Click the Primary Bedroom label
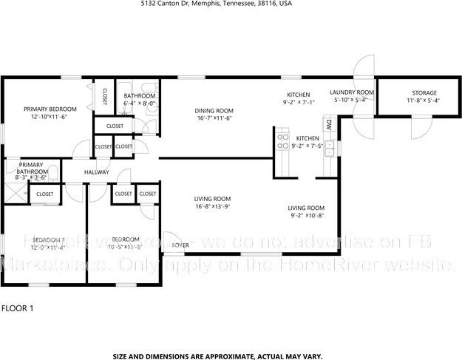click(x=50, y=109)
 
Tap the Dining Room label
click(x=214, y=110)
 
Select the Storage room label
click(x=424, y=92)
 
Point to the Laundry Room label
click(x=354, y=92)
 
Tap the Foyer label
click(x=180, y=245)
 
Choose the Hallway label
click(x=96, y=172)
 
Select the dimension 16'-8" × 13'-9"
click(x=213, y=207)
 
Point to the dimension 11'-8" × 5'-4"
click(x=424, y=101)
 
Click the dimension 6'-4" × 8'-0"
click(x=139, y=104)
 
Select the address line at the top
click(x=216, y=4)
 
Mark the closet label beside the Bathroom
click(x=104, y=97)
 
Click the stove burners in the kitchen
click(x=282, y=138)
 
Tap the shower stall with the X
click(x=13, y=194)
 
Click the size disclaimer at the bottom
click(x=217, y=356)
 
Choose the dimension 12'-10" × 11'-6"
click(x=50, y=117)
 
